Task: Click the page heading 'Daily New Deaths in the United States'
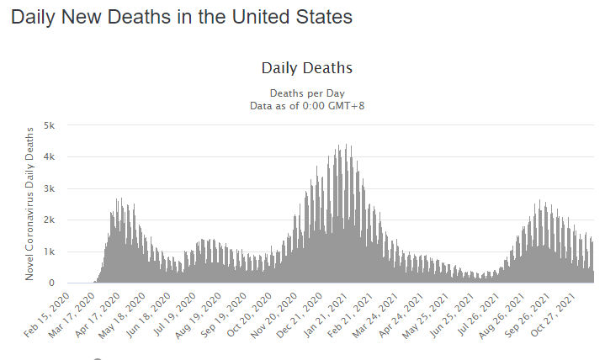pyautogui.click(x=181, y=17)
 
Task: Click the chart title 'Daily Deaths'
pyautogui.click(x=306, y=67)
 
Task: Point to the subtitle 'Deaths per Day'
pyautogui.click(x=306, y=93)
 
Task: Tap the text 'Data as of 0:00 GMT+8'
pyautogui.click(x=306, y=105)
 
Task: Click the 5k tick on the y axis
pyautogui.click(x=50, y=125)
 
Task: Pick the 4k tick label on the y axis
pyautogui.click(x=50, y=156)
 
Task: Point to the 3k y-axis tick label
pyautogui.click(x=50, y=188)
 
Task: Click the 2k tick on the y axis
pyautogui.click(x=50, y=220)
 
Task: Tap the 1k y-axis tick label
pyautogui.click(x=50, y=251)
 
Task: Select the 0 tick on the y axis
pyautogui.click(x=52, y=283)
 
